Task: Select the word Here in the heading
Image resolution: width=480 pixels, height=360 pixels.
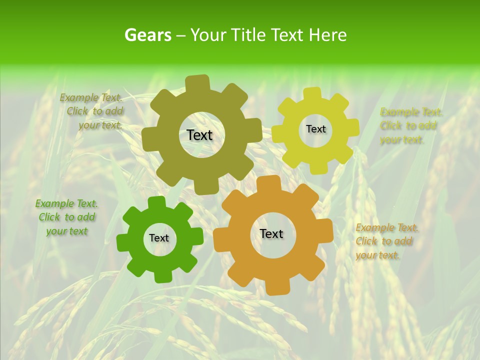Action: [328, 35]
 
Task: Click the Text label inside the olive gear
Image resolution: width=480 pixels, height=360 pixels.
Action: [199, 135]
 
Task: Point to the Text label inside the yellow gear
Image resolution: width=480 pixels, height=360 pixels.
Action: [315, 129]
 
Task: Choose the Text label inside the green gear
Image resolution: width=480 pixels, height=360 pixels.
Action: [159, 238]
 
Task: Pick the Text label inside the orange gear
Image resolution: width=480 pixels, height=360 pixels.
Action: [271, 234]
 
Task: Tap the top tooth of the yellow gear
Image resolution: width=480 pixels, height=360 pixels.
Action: [313, 93]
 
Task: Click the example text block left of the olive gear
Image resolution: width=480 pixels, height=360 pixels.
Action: [92, 111]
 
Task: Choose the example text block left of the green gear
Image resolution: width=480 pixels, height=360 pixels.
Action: [66, 217]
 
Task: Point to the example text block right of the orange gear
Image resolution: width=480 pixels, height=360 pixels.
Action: [386, 241]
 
